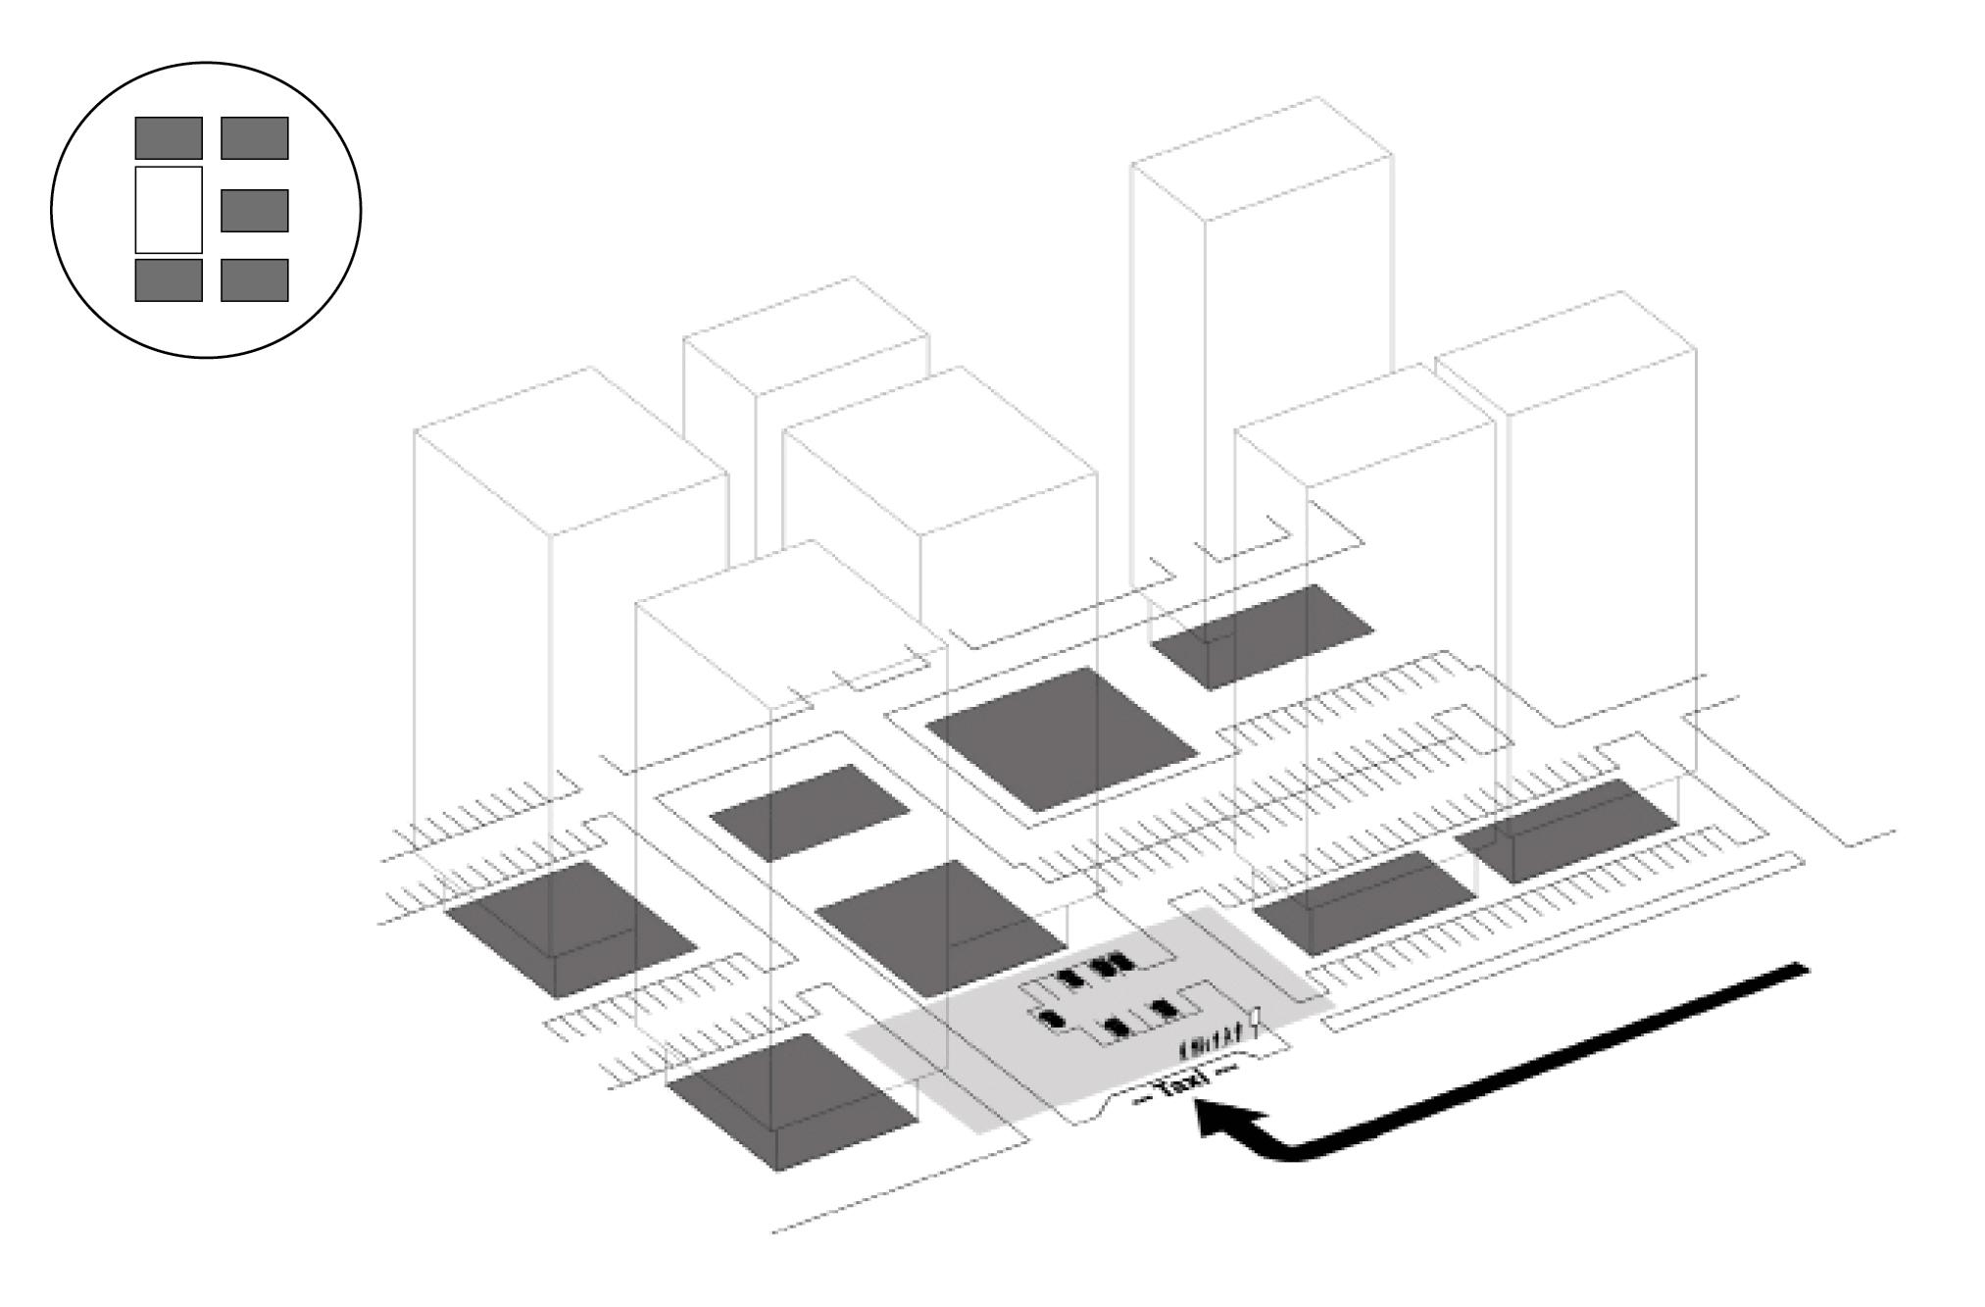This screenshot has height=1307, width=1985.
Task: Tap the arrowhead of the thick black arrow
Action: point(1220,1118)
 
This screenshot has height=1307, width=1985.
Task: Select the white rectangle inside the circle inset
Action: point(169,210)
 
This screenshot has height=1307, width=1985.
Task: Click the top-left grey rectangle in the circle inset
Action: point(169,138)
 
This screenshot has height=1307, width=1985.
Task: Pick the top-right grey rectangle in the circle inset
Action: point(254,138)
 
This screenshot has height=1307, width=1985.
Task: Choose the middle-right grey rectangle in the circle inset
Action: point(254,210)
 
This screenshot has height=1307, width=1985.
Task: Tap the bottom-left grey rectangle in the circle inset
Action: point(169,279)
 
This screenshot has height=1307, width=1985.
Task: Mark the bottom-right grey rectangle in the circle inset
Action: point(254,279)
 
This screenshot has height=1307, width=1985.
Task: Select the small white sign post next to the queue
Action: point(1256,1020)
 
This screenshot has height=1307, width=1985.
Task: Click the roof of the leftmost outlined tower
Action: point(571,451)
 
